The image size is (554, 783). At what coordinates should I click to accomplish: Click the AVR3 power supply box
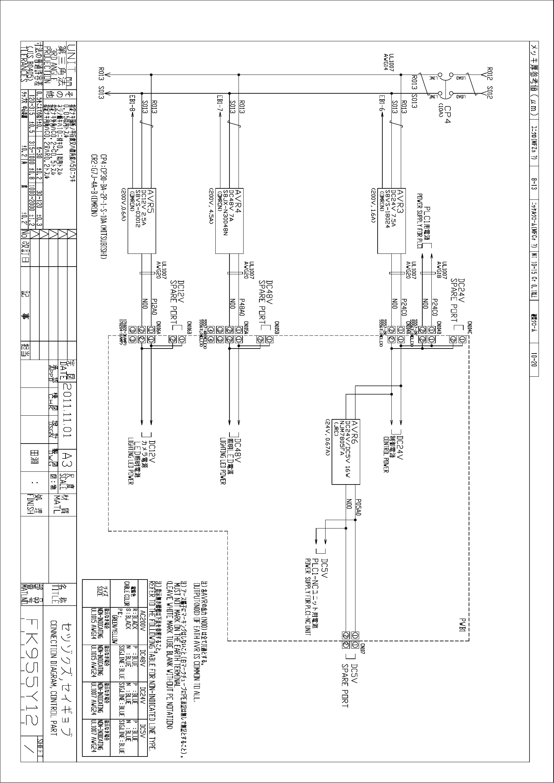click(x=391, y=221)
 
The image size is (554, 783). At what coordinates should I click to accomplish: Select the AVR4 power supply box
click(x=229, y=221)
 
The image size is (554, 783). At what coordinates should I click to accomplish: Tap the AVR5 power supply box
click(x=141, y=221)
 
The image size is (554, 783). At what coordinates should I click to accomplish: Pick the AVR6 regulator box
click(x=346, y=452)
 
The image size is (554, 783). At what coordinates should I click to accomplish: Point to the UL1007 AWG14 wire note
click(x=389, y=62)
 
